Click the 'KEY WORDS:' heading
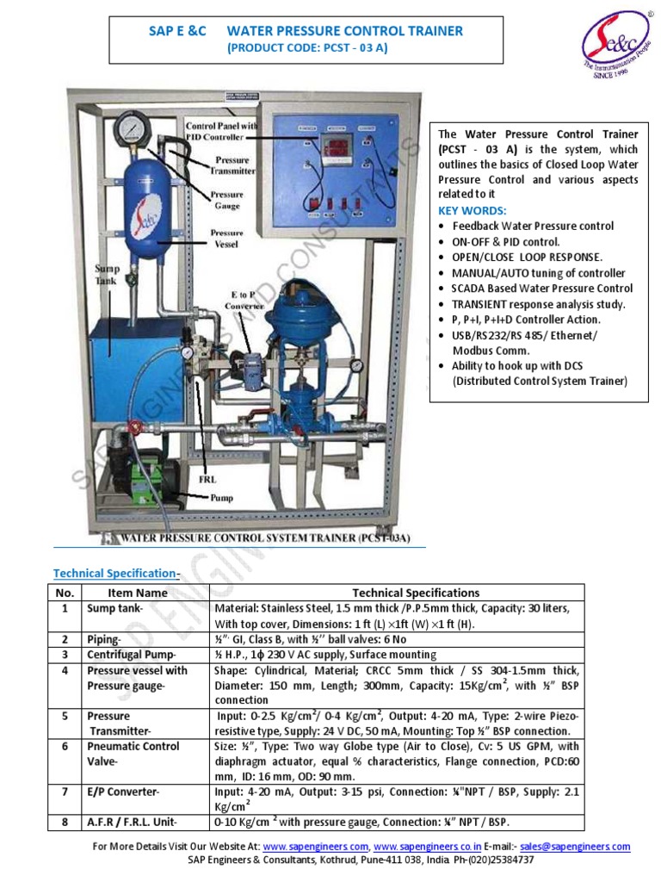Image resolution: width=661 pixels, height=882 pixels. (473, 210)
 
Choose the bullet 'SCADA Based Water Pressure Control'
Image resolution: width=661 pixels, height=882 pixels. (542, 289)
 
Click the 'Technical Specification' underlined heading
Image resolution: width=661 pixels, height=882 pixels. (115, 573)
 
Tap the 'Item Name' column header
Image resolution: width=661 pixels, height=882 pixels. (138, 593)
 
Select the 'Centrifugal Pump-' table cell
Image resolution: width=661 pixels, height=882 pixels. (127, 655)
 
